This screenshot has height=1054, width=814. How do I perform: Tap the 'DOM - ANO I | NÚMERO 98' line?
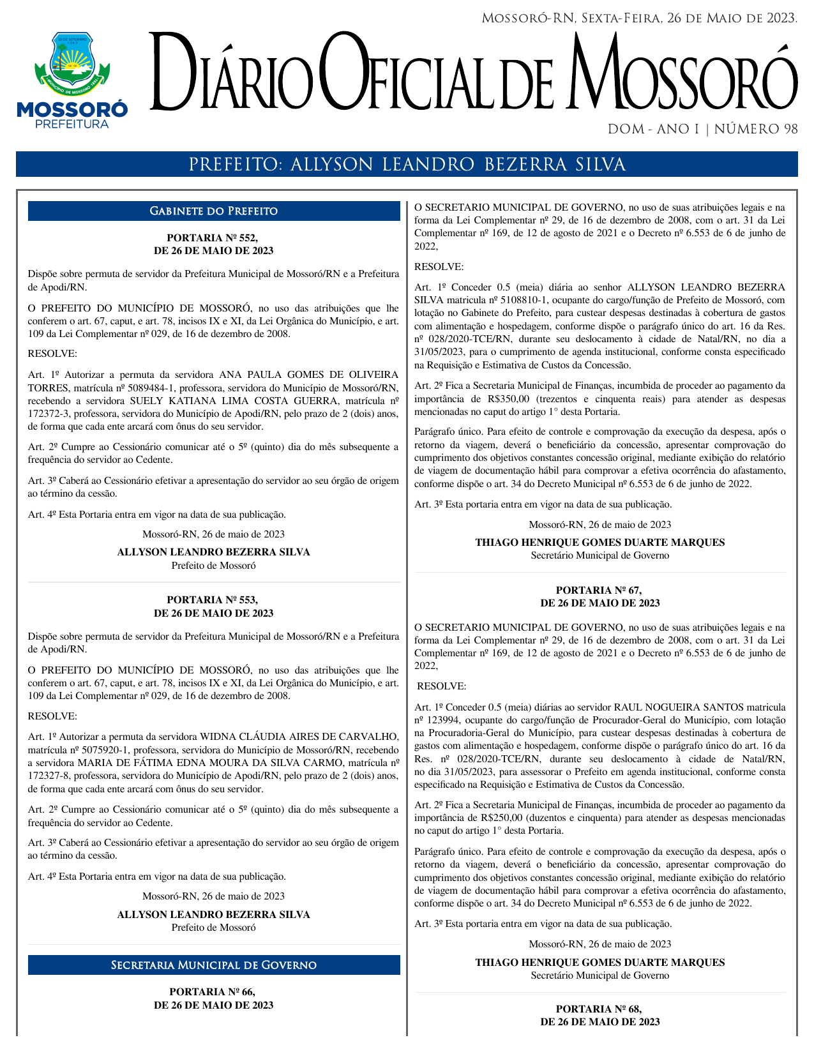(702, 130)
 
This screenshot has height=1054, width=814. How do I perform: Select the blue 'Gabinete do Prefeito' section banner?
(213, 211)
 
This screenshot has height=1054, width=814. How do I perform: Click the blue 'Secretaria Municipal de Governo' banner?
(213, 965)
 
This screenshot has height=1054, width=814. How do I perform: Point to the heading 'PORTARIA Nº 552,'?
(213, 238)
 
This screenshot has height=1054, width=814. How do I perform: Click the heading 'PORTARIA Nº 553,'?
(213, 600)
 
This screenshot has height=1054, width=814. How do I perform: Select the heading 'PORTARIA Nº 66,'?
(213, 991)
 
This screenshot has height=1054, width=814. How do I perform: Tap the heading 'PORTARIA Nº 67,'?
(599, 591)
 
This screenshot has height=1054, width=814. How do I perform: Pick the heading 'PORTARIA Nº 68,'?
(599, 1009)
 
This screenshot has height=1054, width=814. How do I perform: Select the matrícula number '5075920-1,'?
(104, 750)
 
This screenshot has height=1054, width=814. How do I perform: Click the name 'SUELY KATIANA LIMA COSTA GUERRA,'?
(234, 401)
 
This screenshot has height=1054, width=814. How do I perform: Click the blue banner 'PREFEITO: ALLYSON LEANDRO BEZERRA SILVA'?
(407, 165)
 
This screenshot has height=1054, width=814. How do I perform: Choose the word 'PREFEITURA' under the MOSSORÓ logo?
(72, 124)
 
